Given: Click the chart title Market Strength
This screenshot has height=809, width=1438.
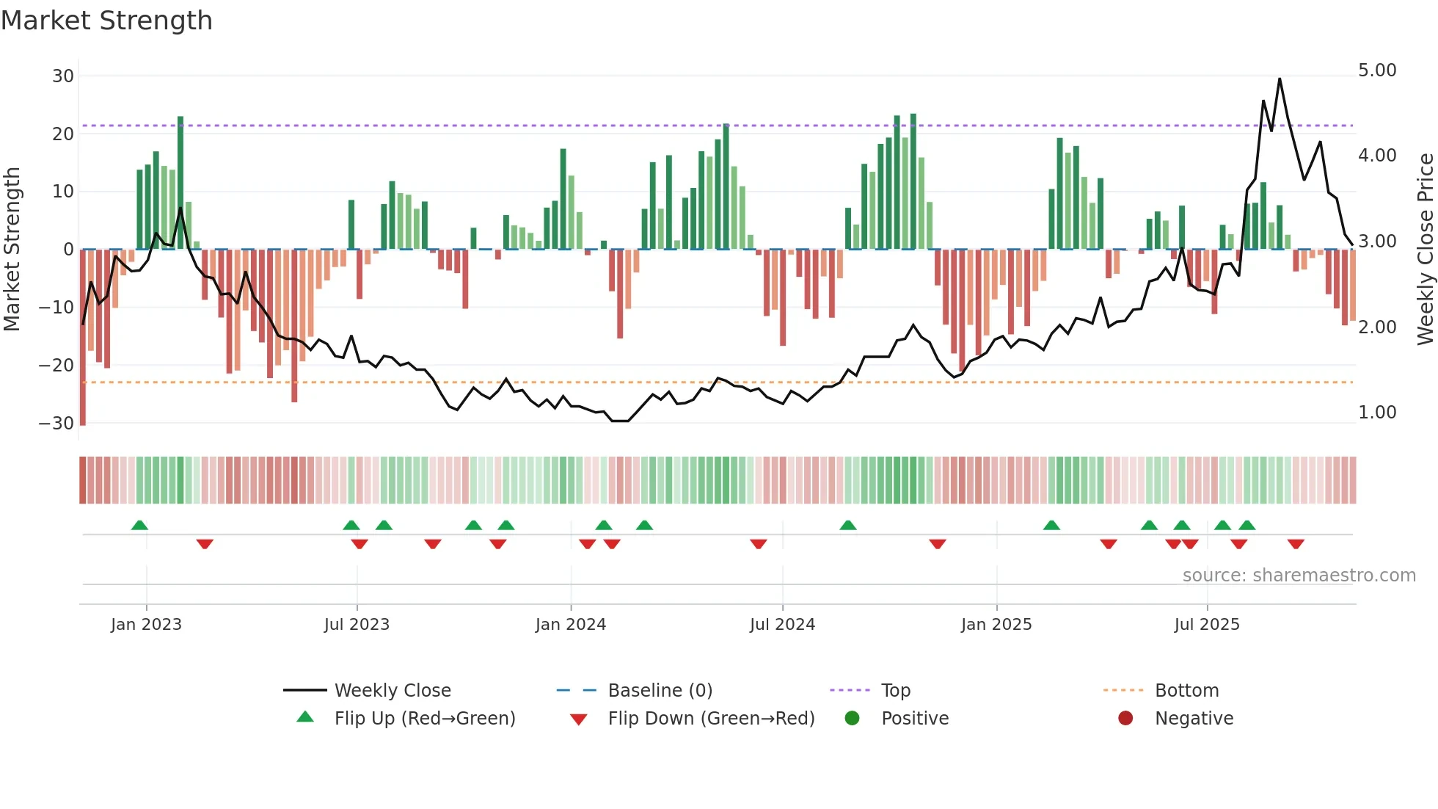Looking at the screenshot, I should click(x=106, y=21).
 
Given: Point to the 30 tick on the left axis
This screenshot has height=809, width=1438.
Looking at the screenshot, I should click(x=63, y=76).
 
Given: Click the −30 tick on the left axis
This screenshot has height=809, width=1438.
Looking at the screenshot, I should click(x=57, y=423).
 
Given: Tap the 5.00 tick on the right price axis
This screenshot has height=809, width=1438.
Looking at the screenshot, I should click(x=1377, y=70).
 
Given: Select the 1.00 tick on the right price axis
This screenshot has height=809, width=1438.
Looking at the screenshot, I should click(x=1377, y=413).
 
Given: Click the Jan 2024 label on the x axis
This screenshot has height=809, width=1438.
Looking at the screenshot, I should click(x=571, y=625).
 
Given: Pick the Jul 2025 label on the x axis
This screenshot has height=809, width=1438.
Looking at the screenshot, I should click(x=1207, y=625).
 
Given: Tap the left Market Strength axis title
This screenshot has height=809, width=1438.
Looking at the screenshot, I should click(x=12, y=249).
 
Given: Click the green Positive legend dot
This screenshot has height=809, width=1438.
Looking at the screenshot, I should click(x=852, y=718).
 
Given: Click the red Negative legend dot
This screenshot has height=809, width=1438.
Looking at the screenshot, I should click(x=1125, y=718).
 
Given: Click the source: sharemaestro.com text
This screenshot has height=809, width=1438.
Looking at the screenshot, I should click(x=1299, y=576).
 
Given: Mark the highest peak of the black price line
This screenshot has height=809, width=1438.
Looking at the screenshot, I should click(x=1280, y=79).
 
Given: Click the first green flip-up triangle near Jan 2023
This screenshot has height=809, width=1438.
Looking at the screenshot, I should click(x=139, y=525).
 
